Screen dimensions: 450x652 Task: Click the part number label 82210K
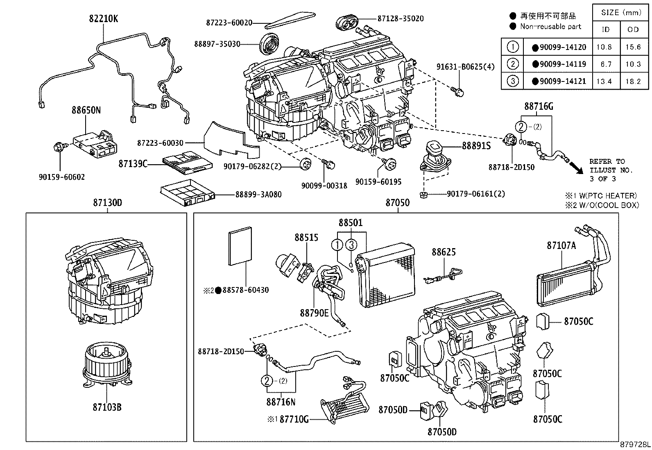[x=103, y=18]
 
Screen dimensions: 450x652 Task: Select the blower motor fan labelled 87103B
[x=107, y=364]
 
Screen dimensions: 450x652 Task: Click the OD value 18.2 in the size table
[x=633, y=81]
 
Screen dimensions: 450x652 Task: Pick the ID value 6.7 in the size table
[x=604, y=64]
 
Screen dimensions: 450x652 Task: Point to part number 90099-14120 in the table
[x=563, y=47]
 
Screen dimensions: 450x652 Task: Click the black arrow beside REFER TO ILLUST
[x=577, y=167]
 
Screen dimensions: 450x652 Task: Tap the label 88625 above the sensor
[x=443, y=253]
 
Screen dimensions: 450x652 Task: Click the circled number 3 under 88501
[x=351, y=245]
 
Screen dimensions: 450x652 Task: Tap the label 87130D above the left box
[x=107, y=203]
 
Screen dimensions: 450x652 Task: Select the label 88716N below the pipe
[x=281, y=402]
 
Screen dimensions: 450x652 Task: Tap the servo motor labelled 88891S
[x=435, y=155]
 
